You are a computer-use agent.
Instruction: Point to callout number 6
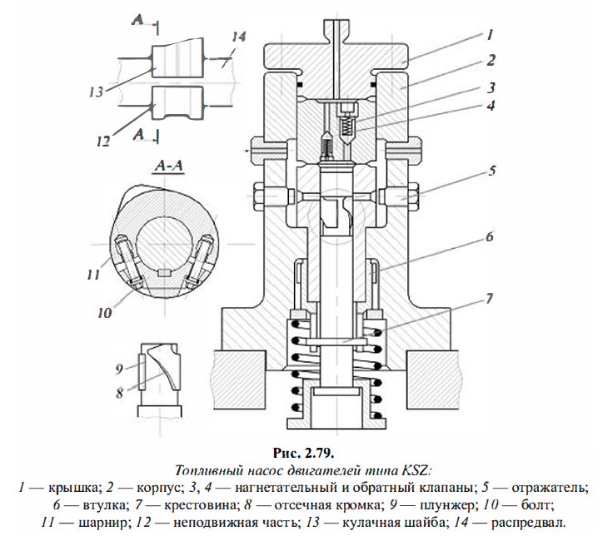coord(490,236)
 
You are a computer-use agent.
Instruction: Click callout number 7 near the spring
coord(491,297)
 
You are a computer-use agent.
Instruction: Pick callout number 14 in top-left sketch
coord(239,37)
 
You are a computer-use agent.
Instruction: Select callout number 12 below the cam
coord(102,141)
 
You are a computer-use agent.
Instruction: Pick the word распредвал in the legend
coord(529,521)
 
